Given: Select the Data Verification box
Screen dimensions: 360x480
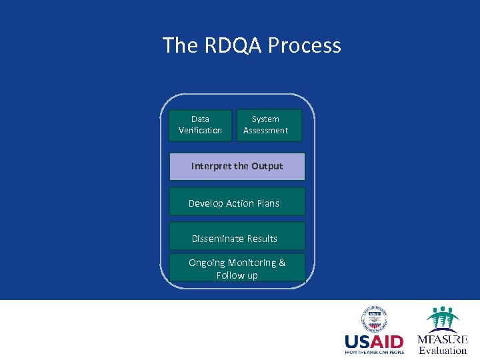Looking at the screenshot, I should tap(200, 125).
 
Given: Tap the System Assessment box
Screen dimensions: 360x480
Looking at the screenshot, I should tap(269, 125).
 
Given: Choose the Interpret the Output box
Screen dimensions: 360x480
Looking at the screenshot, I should tap(237, 167).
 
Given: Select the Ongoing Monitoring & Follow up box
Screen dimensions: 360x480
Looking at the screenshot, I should tap(237, 268).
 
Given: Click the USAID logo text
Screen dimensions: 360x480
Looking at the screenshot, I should tap(374, 341).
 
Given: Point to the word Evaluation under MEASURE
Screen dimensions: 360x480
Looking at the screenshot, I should tap(443, 351).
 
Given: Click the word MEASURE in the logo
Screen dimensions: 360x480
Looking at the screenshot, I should tap(443, 339).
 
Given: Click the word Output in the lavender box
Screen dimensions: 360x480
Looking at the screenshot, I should tap(267, 166).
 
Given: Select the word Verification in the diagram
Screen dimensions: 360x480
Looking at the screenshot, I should tap(200, 131).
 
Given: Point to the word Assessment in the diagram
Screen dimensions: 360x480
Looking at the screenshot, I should tap(265, 131).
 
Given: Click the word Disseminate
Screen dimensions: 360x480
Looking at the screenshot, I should tap(219, 239).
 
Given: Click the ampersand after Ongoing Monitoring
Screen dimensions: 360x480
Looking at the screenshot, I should tap(281, 263).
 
